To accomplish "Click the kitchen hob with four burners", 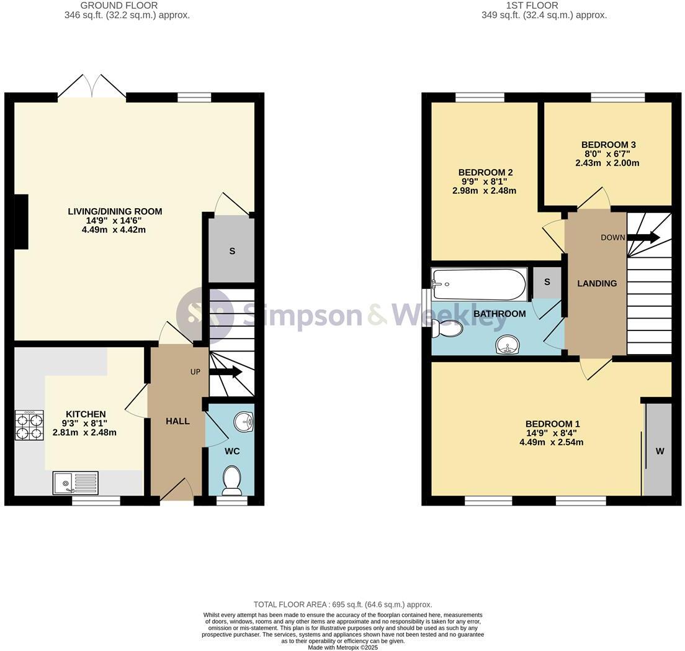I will point(29,426).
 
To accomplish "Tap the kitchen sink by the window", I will point(75,483).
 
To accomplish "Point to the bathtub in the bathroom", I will point(478,285).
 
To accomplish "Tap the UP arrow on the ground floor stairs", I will point(226,372).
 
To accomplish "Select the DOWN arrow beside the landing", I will point(643,237).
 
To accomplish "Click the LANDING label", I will point(597,283).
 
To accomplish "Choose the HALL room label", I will point(177,421).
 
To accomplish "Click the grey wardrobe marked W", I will point(659,450).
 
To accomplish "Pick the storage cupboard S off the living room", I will point(232,251).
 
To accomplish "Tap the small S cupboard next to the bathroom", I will point(547,282).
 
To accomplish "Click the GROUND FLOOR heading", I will point(127,6).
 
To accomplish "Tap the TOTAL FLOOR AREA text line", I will point(342,604).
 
